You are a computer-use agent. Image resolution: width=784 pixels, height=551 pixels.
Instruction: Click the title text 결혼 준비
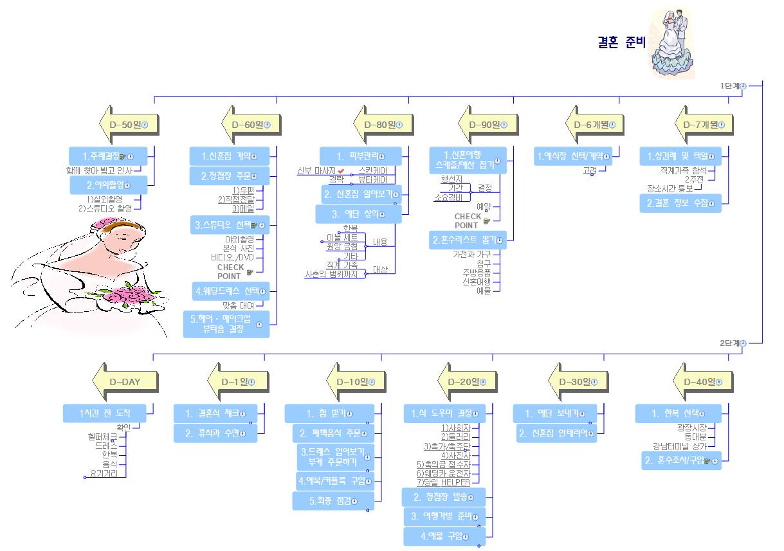click(621, 42)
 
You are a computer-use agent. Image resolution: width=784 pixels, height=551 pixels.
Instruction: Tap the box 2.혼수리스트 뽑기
click(468, 240)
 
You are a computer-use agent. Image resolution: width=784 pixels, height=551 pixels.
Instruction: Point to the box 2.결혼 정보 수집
click(680, 203)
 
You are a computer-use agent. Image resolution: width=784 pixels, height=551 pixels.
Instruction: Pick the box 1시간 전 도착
click(105, 413)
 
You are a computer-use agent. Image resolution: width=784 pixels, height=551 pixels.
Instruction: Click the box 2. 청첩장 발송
click(443, 497)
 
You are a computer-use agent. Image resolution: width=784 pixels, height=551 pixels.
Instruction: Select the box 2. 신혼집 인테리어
click(556, 433)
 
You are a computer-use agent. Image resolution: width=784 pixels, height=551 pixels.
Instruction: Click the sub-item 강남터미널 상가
click(679, 446)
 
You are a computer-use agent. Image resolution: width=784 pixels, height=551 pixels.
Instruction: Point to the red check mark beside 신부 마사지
click(341, 170)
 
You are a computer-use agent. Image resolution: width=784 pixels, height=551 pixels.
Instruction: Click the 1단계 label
click(729, 86)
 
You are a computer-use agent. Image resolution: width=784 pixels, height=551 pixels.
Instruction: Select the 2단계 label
click(729, 343)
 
